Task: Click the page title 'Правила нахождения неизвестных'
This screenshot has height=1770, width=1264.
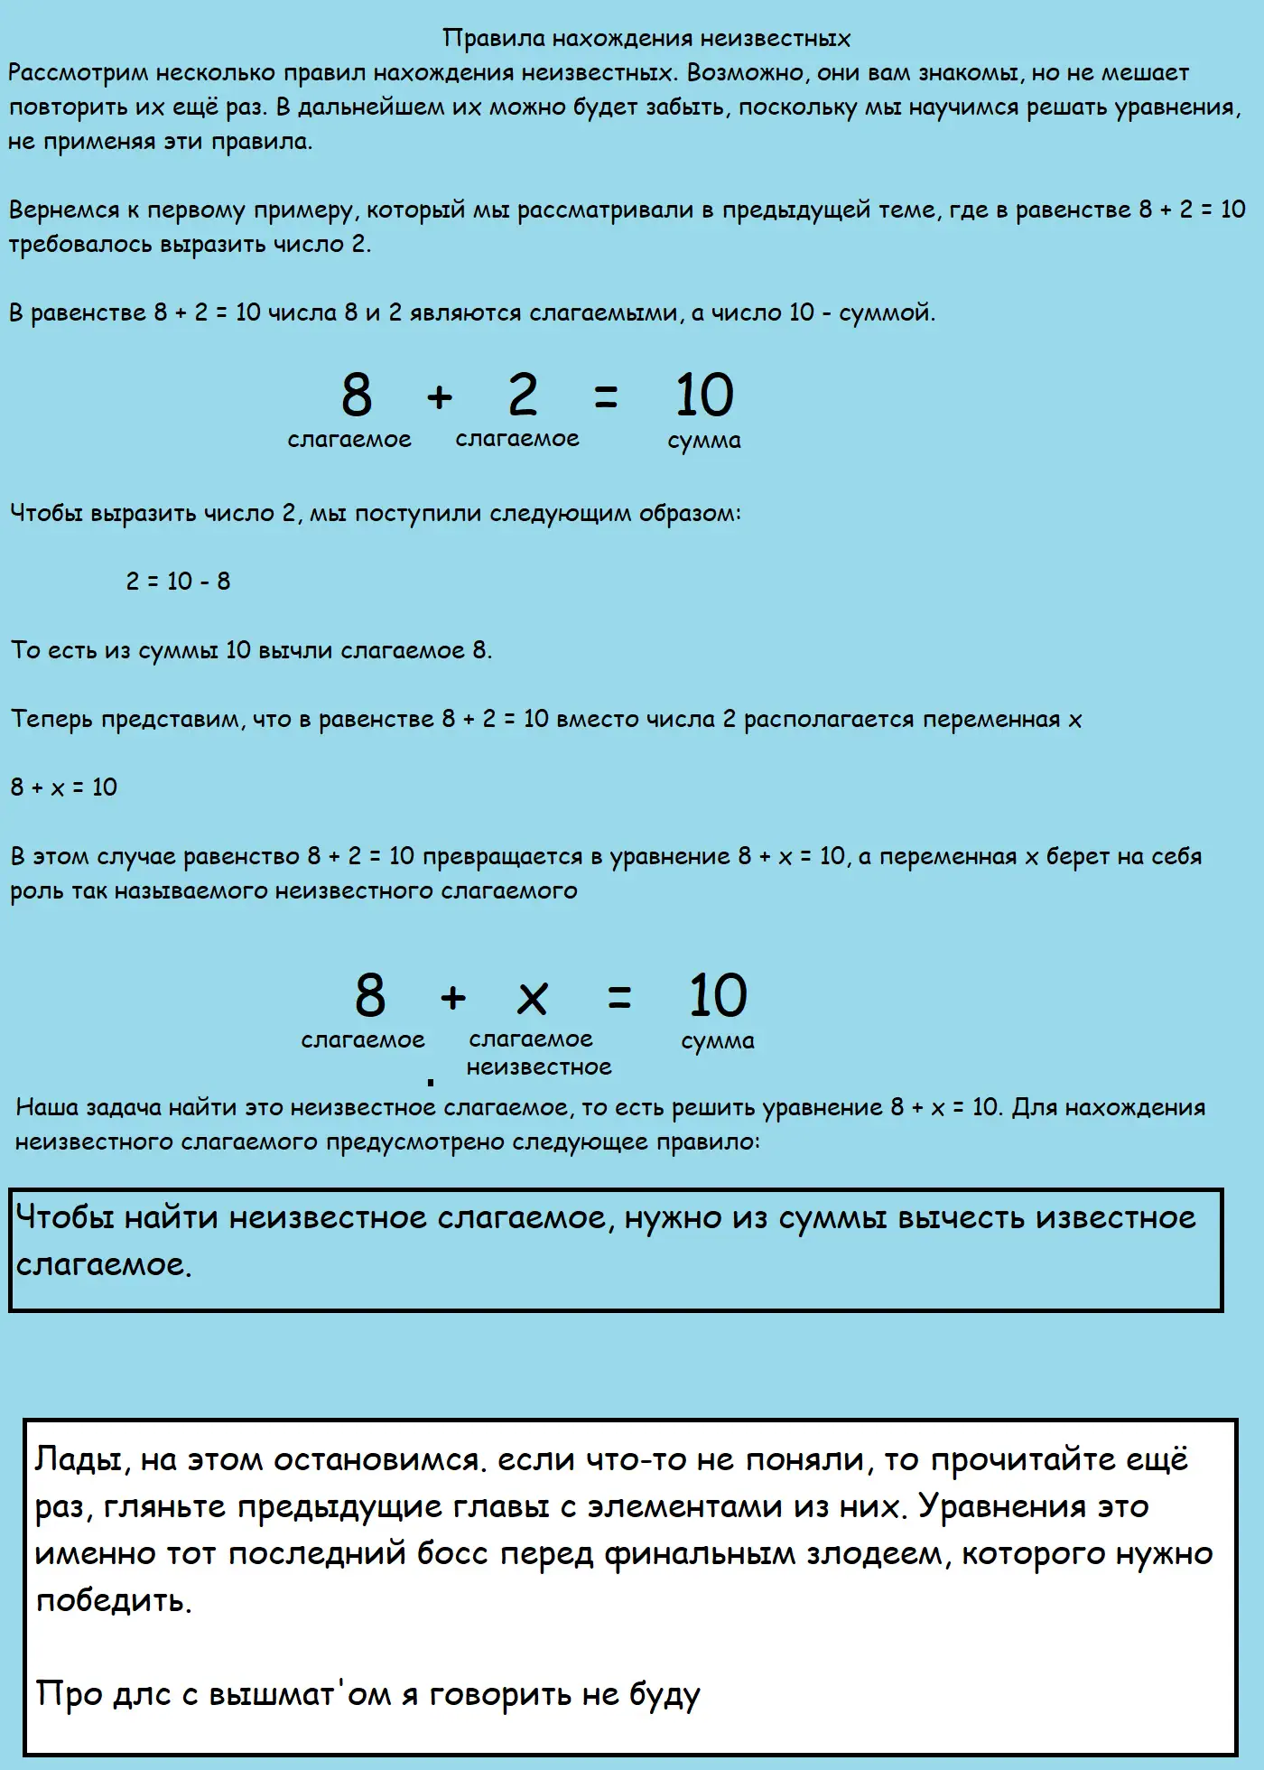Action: (646, 38)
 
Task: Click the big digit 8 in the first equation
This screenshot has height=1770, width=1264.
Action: (357, 395)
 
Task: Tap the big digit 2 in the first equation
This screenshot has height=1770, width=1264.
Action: (523, 395)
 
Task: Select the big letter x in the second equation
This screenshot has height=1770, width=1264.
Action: (532, 998)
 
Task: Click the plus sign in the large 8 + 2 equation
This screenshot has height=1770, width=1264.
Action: (440, 396)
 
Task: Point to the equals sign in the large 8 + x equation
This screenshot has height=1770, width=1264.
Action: (619, 998)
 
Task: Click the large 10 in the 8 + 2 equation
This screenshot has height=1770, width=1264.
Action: (704, 395)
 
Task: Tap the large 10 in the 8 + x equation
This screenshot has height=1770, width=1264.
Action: (718, 995)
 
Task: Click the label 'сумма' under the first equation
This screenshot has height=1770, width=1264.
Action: (704, 441)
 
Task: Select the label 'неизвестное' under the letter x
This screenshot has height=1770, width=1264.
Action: (539, 1067)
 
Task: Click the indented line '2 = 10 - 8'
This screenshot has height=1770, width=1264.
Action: (178, 582)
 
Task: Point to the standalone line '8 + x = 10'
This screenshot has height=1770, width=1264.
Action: (64, 787)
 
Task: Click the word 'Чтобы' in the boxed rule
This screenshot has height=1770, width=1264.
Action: (66, 1218)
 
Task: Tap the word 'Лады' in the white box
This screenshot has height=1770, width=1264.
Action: (71, 1459)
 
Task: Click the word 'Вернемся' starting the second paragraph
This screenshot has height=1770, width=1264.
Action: (64, 210)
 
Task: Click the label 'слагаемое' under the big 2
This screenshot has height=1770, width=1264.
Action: (517, 439)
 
